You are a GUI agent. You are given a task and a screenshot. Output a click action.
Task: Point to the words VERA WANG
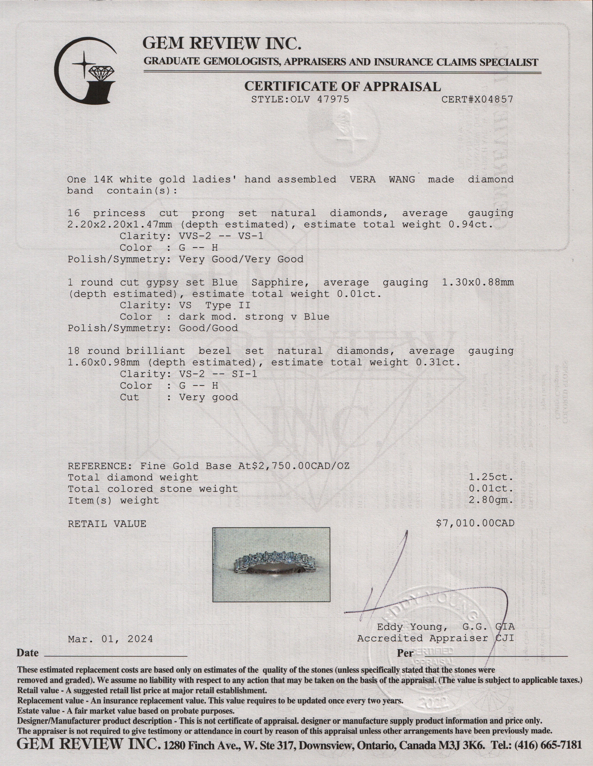(382, 179)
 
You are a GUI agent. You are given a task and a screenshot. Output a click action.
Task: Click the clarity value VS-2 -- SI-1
(218, 374)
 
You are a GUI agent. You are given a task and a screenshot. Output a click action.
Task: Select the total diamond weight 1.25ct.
(491, 477)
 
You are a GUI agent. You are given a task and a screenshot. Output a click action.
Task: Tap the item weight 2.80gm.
(491, 500)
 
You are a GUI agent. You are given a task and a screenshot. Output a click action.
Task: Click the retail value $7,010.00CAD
(475, 524)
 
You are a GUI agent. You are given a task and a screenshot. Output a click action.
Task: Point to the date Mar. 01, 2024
(110, 639)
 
